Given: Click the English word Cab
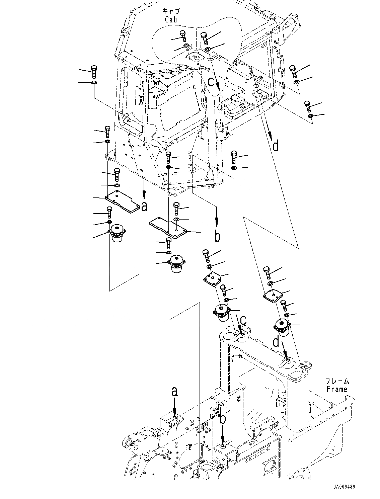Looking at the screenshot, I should [170, 19].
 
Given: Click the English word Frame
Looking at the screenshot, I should [337, 389].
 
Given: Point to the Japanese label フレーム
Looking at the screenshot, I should [337, 381].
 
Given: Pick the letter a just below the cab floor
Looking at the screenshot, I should [144, 206].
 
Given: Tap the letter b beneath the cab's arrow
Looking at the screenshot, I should [217, 237].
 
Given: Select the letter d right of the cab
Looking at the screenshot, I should [275, 146].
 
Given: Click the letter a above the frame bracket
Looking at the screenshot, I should [174, 391].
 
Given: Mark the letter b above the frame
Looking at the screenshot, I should [223, 419].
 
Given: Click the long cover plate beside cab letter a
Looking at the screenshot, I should [122, 203].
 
